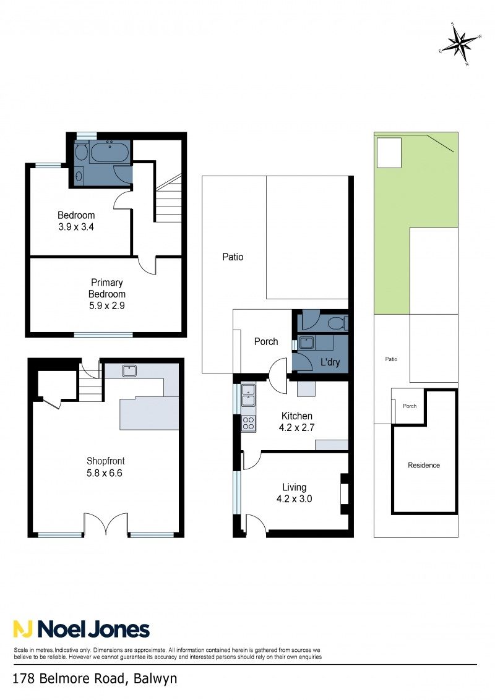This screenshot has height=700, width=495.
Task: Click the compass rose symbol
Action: click(x=461, y=43)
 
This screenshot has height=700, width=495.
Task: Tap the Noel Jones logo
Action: click(x=81, y=629)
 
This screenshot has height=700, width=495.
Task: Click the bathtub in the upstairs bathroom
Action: click(x=110, y=152)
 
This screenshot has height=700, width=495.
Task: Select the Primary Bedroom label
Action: click(x=107, y=288)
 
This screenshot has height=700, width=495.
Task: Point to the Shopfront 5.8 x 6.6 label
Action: click(x=105, y=467)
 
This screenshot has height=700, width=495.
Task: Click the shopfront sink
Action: click(x=129, y=370)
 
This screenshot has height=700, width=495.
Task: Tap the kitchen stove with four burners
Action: click(x=248, y=423)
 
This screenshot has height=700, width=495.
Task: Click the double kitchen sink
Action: click(x=248, y=395)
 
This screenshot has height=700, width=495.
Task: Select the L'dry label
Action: click(x=330, y=362)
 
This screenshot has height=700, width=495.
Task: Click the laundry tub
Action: click(x=306, y=343)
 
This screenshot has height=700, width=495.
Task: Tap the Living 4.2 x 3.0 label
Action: click(x=294, y=493)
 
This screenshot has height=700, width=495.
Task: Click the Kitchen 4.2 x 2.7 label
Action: click(x=296, y=422)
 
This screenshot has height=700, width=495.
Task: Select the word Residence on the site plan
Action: click(x=424, y=465)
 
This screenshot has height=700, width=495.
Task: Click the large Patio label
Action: click(x=233, y=257)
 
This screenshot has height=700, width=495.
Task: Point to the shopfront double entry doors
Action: click(x=106, y=523)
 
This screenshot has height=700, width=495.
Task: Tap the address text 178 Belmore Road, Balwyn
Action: click(x=95, y=679)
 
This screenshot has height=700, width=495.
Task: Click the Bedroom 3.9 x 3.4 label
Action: click(x=76, y=221)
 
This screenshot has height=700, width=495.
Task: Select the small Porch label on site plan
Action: click(x=410, y=406)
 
